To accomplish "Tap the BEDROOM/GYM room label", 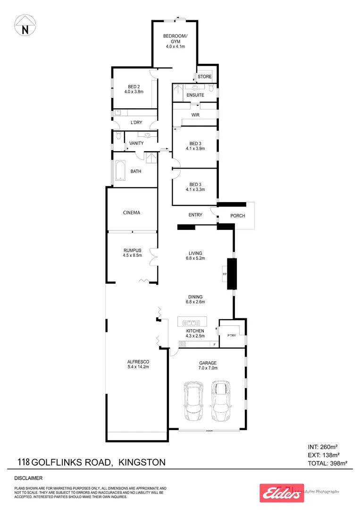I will tap(175, 39).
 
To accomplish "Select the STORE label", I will tap(204, 76).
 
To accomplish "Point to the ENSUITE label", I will tap(195, 95).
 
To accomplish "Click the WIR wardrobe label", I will tap(195, 115).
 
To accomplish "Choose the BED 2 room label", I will tap(134, 86).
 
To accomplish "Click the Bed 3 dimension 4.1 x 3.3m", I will tap(195, 190).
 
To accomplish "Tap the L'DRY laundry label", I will tap(136, 123).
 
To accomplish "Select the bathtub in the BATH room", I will tap(119, 171).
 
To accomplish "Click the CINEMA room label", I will tap(132, 212).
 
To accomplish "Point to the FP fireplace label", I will tap(225, 273).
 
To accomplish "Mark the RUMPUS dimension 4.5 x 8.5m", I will tap(133, 256).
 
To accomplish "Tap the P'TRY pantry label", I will tap(231, 336).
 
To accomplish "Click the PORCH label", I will tap(237, 216).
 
